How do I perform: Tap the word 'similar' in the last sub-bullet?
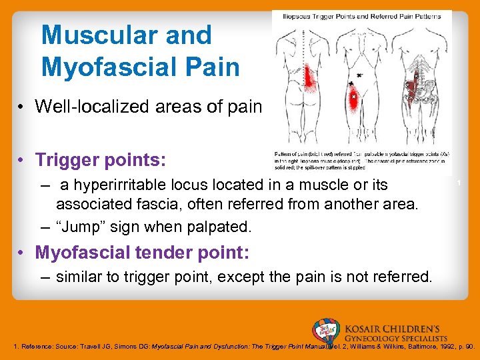(79, 276)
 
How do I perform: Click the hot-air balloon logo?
(325, 331)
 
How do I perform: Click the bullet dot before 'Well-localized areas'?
(23, 106)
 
